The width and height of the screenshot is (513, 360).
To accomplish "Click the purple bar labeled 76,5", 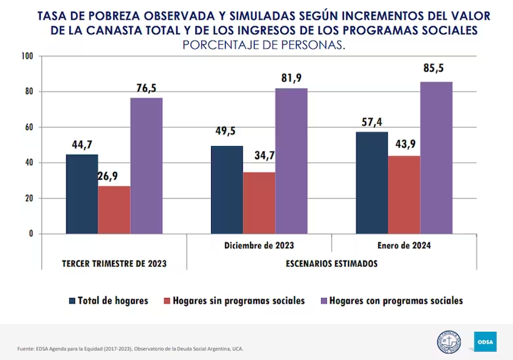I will (146, 166).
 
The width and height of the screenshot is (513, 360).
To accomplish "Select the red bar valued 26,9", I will (114, 210).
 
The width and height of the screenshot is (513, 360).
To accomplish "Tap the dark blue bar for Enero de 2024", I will (372, 183).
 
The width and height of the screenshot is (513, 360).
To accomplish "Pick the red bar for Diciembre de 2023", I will (259, 203).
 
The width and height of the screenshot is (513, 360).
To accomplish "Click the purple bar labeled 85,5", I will (436, 158).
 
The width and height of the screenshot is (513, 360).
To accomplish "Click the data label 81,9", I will (291, 78).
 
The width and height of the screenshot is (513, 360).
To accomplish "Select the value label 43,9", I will (404, 145).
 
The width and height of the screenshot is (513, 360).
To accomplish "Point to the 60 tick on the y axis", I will (30, 127).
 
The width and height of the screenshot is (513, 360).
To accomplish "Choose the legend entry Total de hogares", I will (112, 301).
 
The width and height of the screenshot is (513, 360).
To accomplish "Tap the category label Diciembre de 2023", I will (259, 246).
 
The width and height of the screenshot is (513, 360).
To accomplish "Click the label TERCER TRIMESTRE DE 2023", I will (114, 263).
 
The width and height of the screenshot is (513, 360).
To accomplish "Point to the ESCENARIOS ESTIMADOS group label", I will (331, 263).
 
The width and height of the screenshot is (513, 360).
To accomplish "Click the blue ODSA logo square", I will (485, 342).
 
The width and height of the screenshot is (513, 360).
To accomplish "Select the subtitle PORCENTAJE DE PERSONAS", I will (264, 45).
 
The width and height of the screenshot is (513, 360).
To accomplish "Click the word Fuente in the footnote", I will (25, 349).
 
